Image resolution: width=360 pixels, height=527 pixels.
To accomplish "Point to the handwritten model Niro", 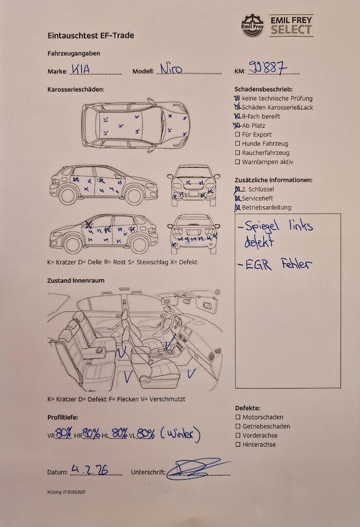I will [x=171, y=68].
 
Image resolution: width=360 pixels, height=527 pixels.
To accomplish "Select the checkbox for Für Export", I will [x=238, y=135].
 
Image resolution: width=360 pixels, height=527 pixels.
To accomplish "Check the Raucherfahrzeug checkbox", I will [x=238, y=153].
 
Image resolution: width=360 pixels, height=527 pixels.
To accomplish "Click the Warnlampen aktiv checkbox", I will [x=238, y=162].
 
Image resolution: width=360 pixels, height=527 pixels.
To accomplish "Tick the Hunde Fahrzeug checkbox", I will [x=238, y=144].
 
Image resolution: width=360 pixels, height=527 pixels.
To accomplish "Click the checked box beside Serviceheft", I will [x=238, y=199].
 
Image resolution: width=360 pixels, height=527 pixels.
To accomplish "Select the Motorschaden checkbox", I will [x=238, y=417].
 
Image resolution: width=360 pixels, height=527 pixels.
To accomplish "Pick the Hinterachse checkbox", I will [x=238, y=445].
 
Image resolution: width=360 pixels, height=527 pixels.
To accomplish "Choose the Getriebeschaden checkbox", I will [x=238, y=427].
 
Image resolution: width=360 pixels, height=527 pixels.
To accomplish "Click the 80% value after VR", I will [x=64, y=434].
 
